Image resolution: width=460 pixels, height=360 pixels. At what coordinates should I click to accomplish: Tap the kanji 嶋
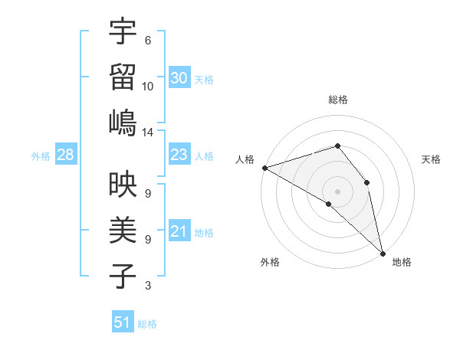coord(123,123)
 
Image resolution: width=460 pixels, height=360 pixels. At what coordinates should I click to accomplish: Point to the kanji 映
coord(123,185)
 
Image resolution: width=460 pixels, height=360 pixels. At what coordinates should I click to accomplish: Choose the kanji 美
coord(123,231)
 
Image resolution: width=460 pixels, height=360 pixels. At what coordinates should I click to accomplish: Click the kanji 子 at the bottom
coord(123,276)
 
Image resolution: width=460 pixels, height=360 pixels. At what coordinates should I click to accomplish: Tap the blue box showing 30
coord(179,77)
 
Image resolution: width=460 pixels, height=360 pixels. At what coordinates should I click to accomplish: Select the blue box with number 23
coord(179,155)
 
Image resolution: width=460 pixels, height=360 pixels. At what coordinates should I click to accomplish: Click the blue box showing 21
coord(179,231)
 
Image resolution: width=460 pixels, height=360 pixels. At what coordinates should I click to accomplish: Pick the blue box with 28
coord(65,155)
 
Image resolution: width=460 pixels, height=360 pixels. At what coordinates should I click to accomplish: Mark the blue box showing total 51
coord(123,322)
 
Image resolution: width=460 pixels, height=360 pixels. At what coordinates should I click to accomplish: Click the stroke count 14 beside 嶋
coord(148,133)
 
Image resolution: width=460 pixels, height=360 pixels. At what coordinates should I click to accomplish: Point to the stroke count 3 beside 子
coord(148,286)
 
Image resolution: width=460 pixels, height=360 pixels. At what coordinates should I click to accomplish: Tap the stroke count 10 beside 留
coord(148,87)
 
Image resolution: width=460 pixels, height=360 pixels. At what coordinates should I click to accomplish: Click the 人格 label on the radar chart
coord(245,159)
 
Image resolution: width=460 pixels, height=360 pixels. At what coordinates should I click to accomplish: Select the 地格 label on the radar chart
coord(402,263)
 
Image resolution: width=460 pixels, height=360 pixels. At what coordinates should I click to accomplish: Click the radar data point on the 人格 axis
coord(264,168)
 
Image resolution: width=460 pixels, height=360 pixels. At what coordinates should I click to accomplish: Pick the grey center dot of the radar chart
coord(337,190)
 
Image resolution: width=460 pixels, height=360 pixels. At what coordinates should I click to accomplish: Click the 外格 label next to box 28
coord(41,156)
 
